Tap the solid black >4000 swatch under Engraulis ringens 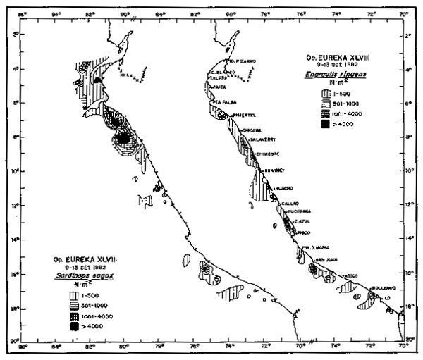(326, 125)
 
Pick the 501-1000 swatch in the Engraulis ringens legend (326, 101)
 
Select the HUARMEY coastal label (272, 170)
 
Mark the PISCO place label (303, 231)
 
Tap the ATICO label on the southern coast (351, 275)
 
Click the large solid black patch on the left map (124, 139)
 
